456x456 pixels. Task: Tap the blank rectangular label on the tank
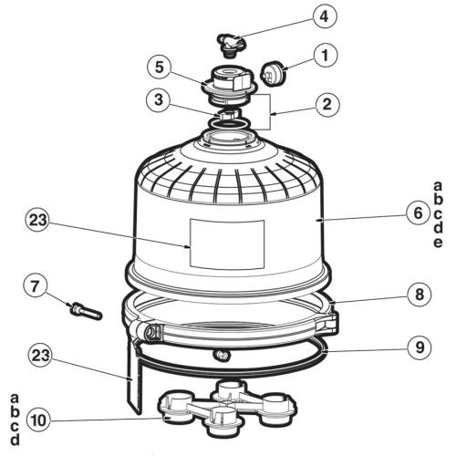pyautogui.click(x=226, y=244)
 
